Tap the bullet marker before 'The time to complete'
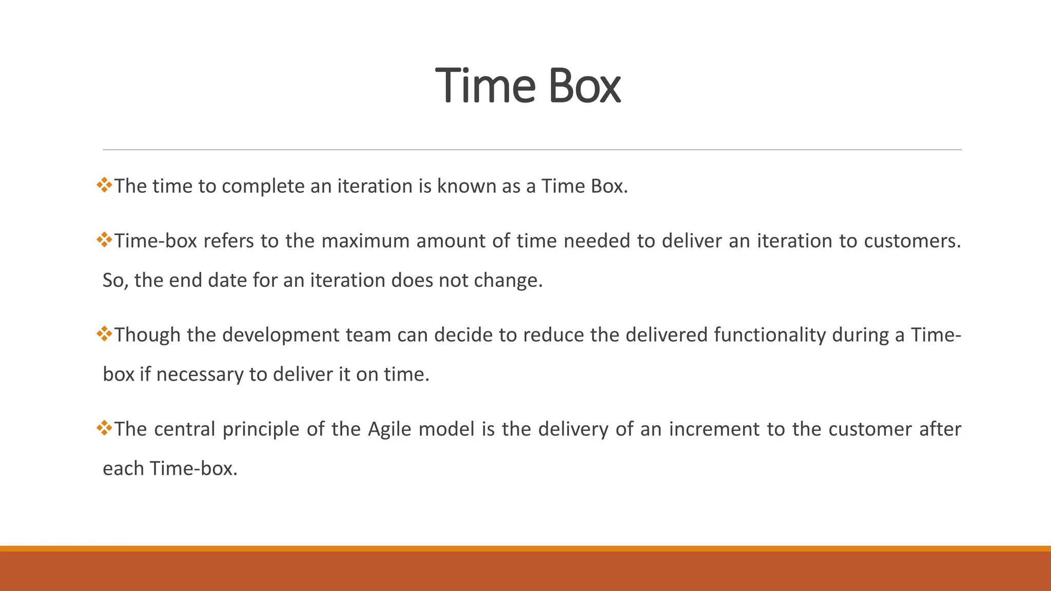click(x=104, y=185)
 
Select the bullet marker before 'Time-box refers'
click(x=104, y=240)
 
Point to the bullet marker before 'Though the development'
click(x=104, y=334)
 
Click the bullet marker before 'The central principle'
click(x=104, y=428)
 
